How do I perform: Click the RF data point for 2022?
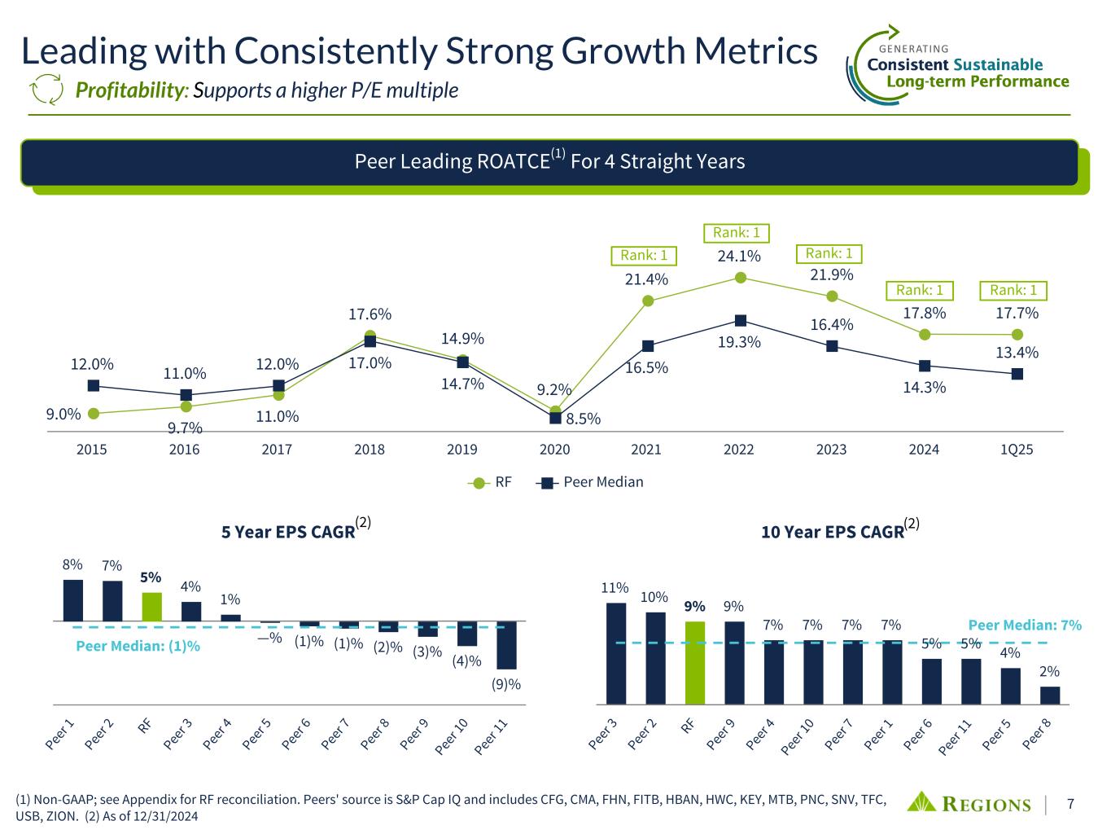741,278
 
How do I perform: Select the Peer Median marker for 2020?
555,418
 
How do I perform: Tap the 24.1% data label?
739,257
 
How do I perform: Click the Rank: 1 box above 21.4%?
644,256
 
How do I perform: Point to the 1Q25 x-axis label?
1017,450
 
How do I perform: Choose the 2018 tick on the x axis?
370,450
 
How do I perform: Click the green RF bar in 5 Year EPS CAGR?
151,607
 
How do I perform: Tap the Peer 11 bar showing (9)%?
506,645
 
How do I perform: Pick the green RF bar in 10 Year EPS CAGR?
694,662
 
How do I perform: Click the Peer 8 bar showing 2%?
1050,695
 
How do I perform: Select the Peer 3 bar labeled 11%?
616,652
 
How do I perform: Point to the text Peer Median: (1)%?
138,646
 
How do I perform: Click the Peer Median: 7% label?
1025,625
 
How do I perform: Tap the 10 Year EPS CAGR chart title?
833,532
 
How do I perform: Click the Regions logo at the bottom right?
969,803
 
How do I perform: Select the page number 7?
1070,804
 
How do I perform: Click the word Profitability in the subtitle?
129,90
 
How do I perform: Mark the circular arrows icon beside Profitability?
46,90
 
